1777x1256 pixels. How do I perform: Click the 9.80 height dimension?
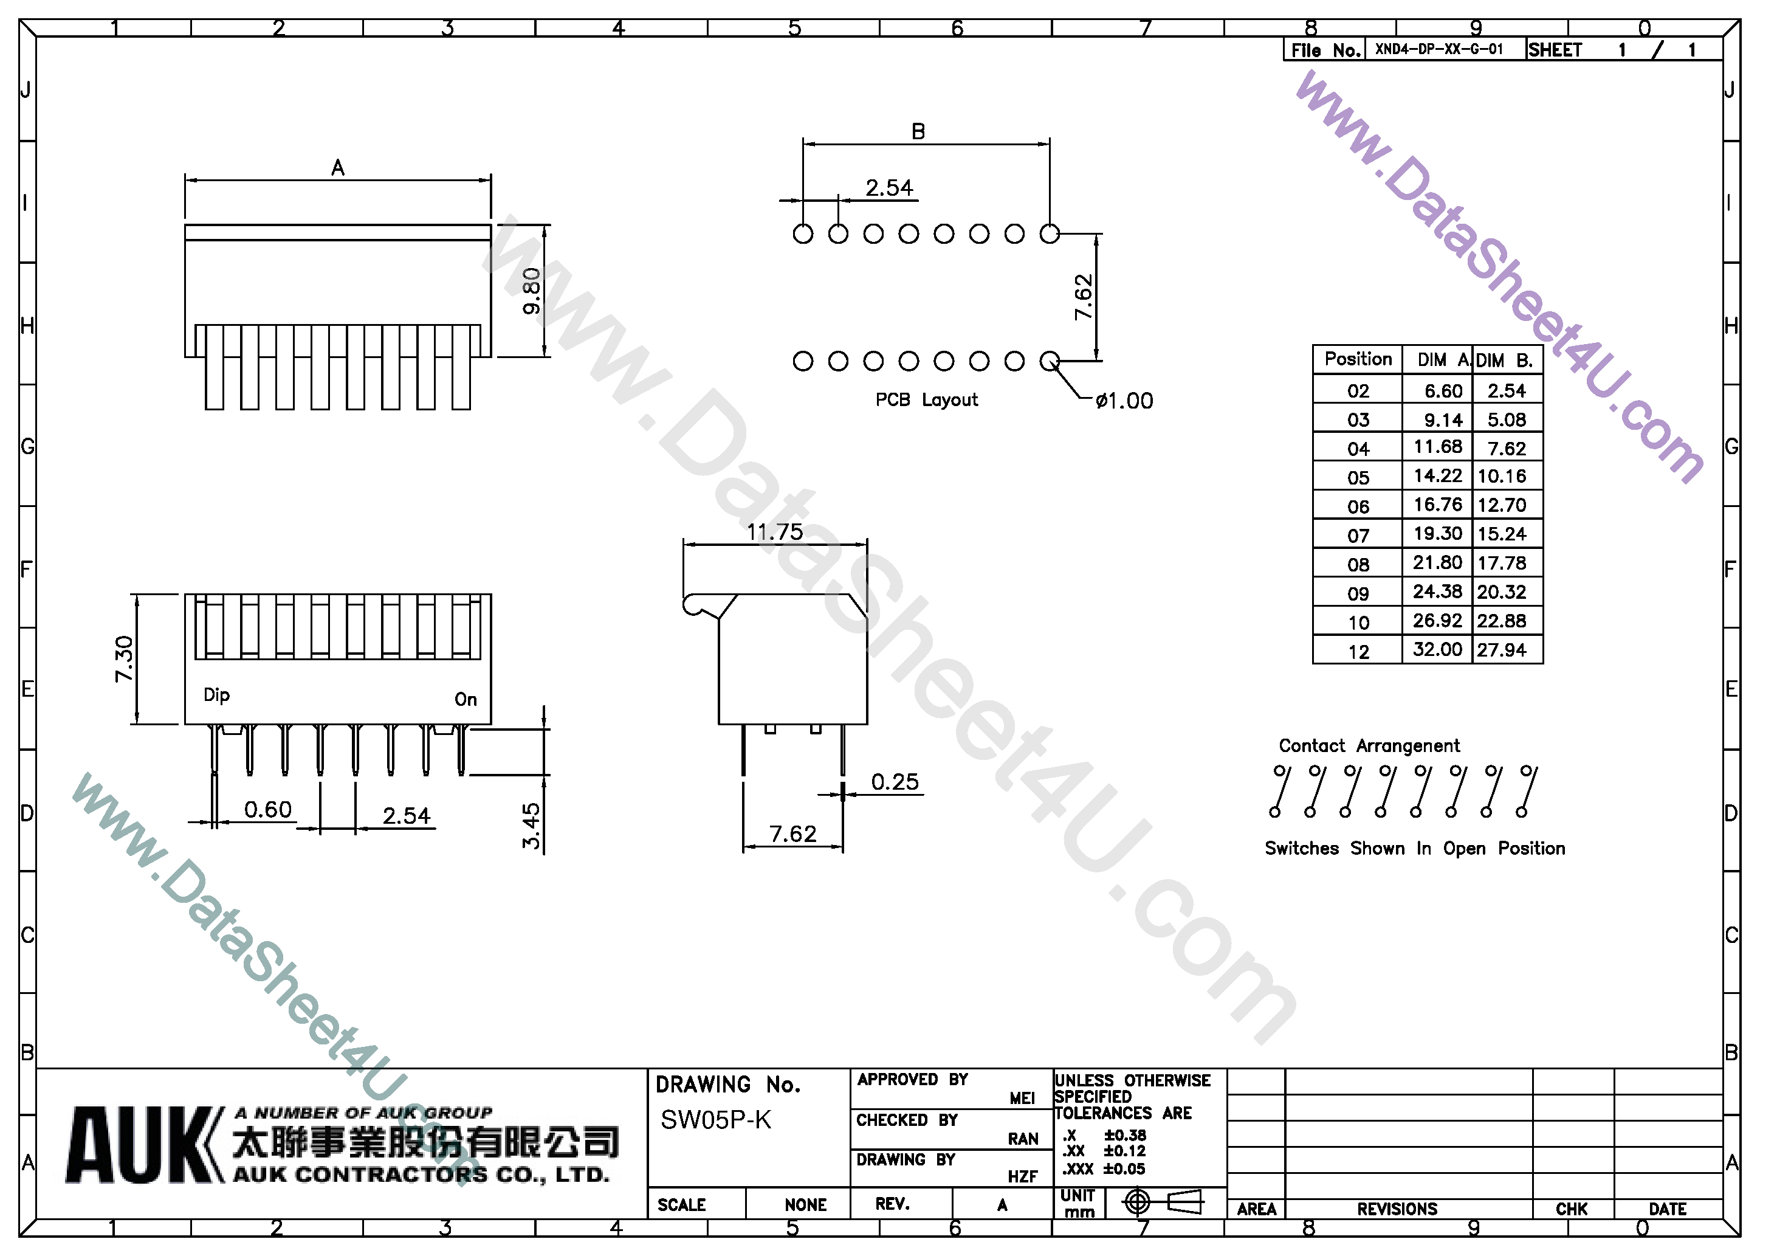coord(532,291)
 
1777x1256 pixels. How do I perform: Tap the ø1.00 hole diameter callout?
coord(1124,401)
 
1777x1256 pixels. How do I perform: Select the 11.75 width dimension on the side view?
coord(775,532)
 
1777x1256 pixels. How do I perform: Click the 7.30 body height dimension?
coord(124,659)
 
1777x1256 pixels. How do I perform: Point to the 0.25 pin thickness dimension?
coord(895,782)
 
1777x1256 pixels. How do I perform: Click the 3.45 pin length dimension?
coord(531,826)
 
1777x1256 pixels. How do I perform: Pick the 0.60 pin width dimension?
coord(268,810)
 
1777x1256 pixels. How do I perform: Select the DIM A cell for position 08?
coord(1437,563)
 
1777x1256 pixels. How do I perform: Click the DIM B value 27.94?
coord(1502,650)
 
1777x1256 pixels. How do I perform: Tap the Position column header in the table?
coord(1358,359)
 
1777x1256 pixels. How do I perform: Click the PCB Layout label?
coord(926,401)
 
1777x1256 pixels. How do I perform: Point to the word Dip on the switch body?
coord(217,695)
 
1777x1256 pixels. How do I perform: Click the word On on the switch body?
coord(465,699)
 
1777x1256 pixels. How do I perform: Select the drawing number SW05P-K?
coord(716,1120)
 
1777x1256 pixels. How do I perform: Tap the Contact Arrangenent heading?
coord(1369,746)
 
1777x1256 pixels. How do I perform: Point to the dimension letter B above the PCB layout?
coord(918,132)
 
